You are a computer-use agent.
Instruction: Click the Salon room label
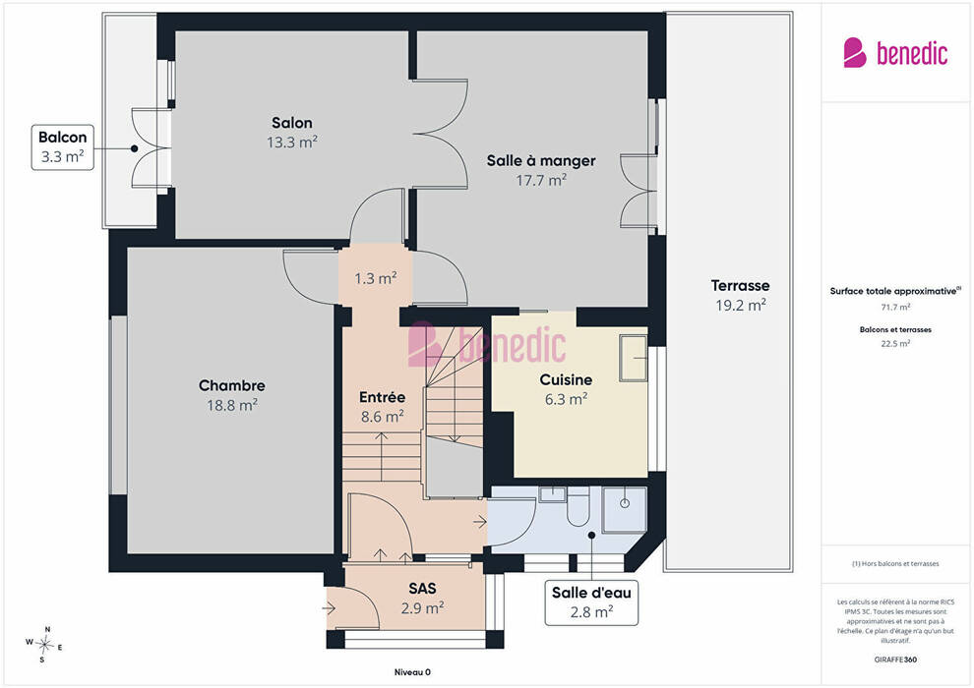pos(292,122)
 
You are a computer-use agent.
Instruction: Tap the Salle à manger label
pos(541,160)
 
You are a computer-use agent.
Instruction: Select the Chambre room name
pos(232,385)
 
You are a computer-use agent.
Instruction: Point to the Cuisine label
pos(566,379)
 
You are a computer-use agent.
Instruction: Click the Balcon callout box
pos(63,147)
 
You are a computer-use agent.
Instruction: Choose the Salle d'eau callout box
pos(591,602)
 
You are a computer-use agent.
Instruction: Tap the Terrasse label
pos(741,285)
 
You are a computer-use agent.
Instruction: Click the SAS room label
pos(422,588)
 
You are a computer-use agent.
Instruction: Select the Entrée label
pos(382,397)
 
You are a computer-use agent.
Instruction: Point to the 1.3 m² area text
pos(376,278)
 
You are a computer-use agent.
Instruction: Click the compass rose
pos(44,645)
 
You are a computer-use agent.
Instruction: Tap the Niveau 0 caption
pos(412,672)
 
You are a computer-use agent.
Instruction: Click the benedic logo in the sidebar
pos(895,53)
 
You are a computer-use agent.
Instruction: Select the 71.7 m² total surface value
pos(895,307)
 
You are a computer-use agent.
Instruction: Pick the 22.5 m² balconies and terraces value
pos(895,343)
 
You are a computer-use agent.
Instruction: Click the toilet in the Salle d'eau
pos(578,506)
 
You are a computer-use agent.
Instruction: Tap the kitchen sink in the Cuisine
pos(634,358)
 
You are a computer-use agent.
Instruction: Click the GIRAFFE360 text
pos(895,659)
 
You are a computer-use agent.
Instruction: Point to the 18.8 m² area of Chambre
pos(232,405)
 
